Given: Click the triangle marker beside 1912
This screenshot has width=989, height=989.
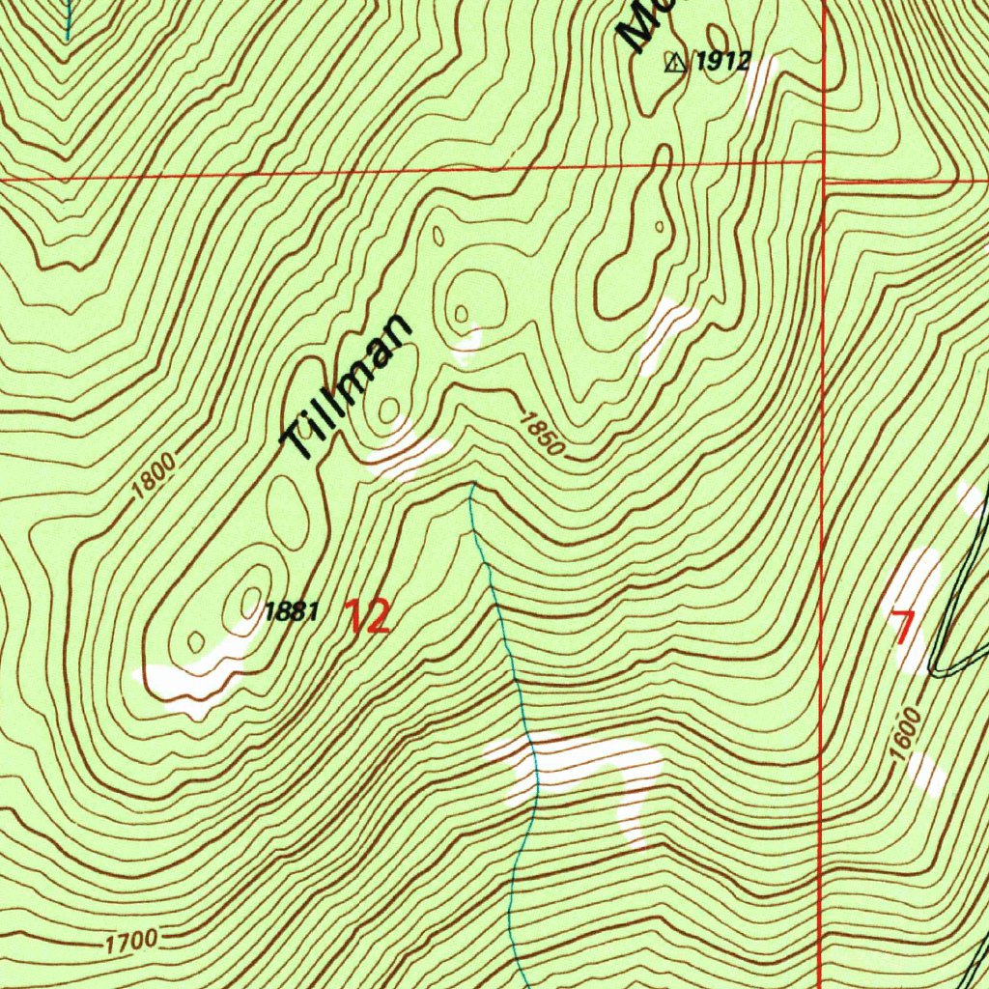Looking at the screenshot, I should click(674, 64).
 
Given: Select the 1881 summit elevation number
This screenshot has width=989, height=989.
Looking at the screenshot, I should click(291, 611).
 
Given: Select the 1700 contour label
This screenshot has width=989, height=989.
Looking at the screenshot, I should click(129, 939).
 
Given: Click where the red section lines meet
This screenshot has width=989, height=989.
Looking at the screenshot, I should click(822, 179).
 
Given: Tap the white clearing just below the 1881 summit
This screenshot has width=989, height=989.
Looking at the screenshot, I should click(193, 681).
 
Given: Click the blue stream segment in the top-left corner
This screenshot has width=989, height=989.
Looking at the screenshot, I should click(68, 19).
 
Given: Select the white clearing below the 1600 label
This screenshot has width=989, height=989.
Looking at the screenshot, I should click(927, 773).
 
